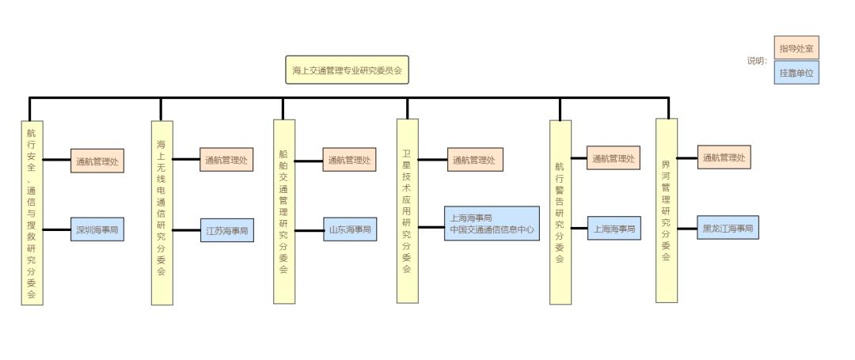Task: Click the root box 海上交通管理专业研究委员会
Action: [x=348, y=70]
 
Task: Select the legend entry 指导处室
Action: [x=796, y=48]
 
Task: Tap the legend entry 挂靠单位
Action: [x=796, y=72]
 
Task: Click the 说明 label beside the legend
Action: [x=757, y=61]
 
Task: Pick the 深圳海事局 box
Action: [x=97, y=229]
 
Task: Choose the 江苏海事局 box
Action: [x=227, y=230]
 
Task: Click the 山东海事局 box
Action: [x=349, y=229]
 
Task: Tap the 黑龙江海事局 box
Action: [x=727, y=229]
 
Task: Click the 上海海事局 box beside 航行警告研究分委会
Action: [x=614, y=229]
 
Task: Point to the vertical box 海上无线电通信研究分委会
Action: [x=161, y=212]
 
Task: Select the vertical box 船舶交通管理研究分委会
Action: [x=284, y=211]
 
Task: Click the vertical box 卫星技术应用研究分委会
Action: [x=407, y=210]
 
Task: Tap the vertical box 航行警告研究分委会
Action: [x=560, y=212]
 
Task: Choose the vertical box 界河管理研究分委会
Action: [x=667, y=210]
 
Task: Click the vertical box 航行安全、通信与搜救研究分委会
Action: [x=32, y=212]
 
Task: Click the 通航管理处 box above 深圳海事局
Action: [x=97, y=161]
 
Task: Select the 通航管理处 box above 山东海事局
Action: [x=349, y=160]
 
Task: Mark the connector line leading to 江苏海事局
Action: [x=186, y=230]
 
